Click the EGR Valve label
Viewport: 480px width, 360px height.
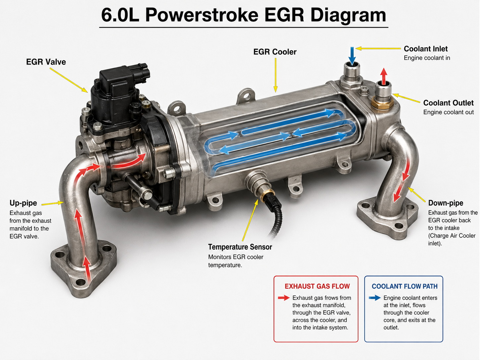coord(46,62)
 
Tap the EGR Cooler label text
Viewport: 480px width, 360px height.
coord(275,52)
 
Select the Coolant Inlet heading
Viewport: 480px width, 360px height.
coord(426,49)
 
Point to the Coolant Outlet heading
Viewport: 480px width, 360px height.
coord(448,103)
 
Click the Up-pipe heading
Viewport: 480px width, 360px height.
coord(23,203)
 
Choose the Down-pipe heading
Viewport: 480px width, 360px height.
coord(446,203)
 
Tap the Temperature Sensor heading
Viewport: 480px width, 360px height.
coord(240,247)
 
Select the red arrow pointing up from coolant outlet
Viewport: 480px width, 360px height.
coord(383,77)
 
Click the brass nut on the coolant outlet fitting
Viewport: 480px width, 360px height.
coord(382,103)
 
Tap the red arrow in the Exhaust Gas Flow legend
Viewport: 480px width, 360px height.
coord(284,298)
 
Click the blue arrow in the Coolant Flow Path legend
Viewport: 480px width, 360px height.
coord(375,298)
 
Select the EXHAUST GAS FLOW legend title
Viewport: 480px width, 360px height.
coord(317,286)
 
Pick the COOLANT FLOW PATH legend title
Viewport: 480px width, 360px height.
coord(404,286)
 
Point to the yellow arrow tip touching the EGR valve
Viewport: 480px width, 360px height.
coord(87,92)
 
